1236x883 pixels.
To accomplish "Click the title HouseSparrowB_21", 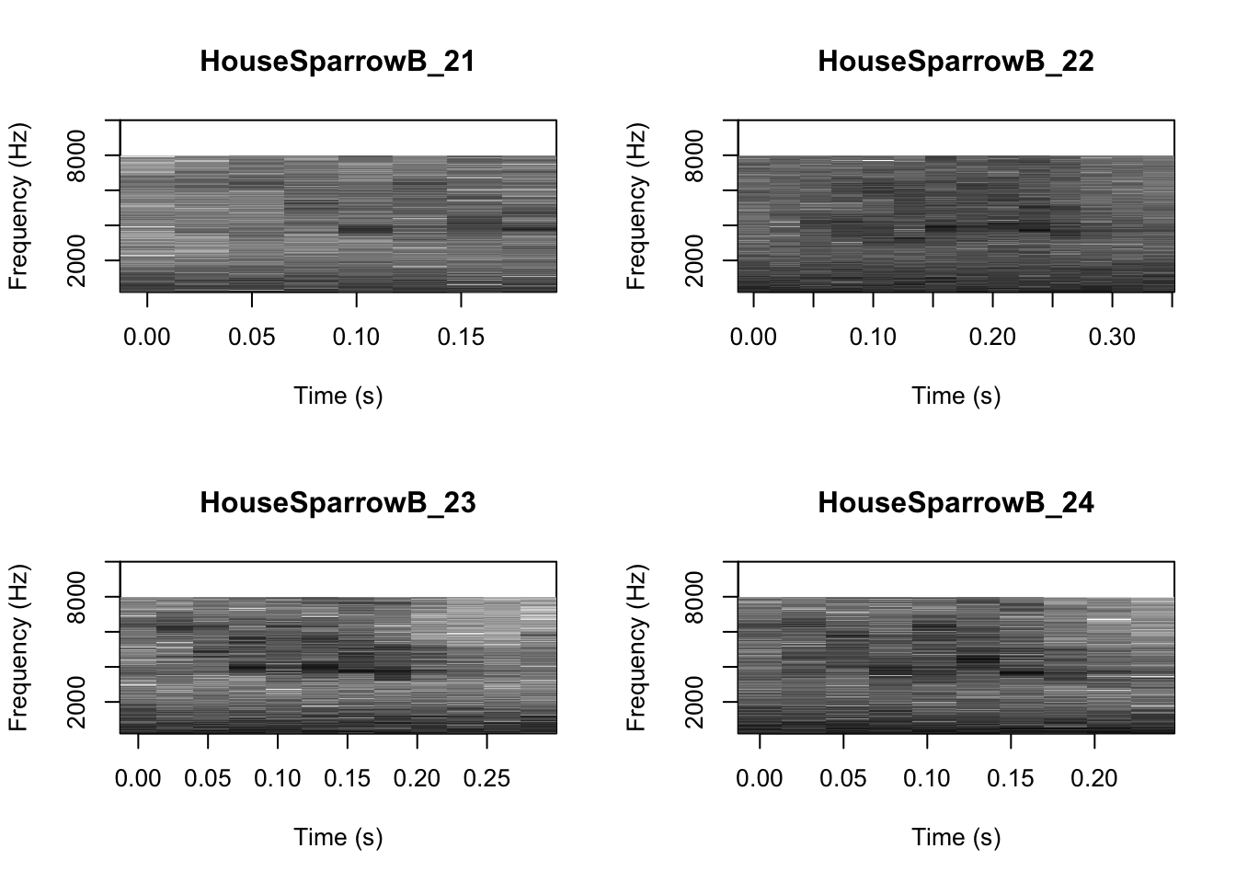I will pyautogui.click(x=338, y=62).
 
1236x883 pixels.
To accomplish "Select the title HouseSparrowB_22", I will pyautogui.click(x=956, y=62).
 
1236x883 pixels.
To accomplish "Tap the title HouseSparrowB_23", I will pyautogui.click(x=338, y=503).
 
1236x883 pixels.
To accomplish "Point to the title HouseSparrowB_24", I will pyautogui.click(x=956, y=503).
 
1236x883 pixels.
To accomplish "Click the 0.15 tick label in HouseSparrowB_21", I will pyautogui.click(x=461, y=338).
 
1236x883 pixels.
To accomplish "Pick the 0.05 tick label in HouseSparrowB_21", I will pyautogui.click(x=252, y=338).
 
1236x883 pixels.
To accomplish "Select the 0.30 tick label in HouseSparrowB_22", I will pyautogui.click(x=1112, y=338).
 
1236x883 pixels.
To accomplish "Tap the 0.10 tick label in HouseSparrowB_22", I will pyautogui.click(x=873, y=338).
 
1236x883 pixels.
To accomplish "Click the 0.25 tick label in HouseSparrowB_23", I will pyautogui.click(x=486, y=779).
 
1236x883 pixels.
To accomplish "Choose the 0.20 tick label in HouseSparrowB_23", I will pyautogui.click(x=417, y=779).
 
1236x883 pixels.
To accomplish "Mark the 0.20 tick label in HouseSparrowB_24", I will pyautogui.click(x=1094, y=779).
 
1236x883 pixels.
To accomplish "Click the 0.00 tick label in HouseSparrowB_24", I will pyautogui.click(x=760, y=779).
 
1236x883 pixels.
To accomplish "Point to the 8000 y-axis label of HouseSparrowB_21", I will pyautogui.click(x=77, y=155).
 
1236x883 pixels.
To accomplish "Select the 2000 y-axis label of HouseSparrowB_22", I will pyautogui.click(x=695, y=260).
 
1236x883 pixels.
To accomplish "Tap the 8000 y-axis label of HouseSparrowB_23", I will pyautogui.click(x=77, y=597).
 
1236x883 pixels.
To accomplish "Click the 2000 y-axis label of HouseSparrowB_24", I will pyautogui.click(x=695, y=702).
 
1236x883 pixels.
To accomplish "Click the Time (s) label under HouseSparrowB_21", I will pyautogui.click(x=338, y=396).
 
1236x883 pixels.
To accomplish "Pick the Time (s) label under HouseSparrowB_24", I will pyautogui.click(x=956, y=837).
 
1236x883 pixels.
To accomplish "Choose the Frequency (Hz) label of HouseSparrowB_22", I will pyautogui.click(x=636, y=206).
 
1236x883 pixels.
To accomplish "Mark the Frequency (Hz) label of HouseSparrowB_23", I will pyautogui.click(x=18, y=648).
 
